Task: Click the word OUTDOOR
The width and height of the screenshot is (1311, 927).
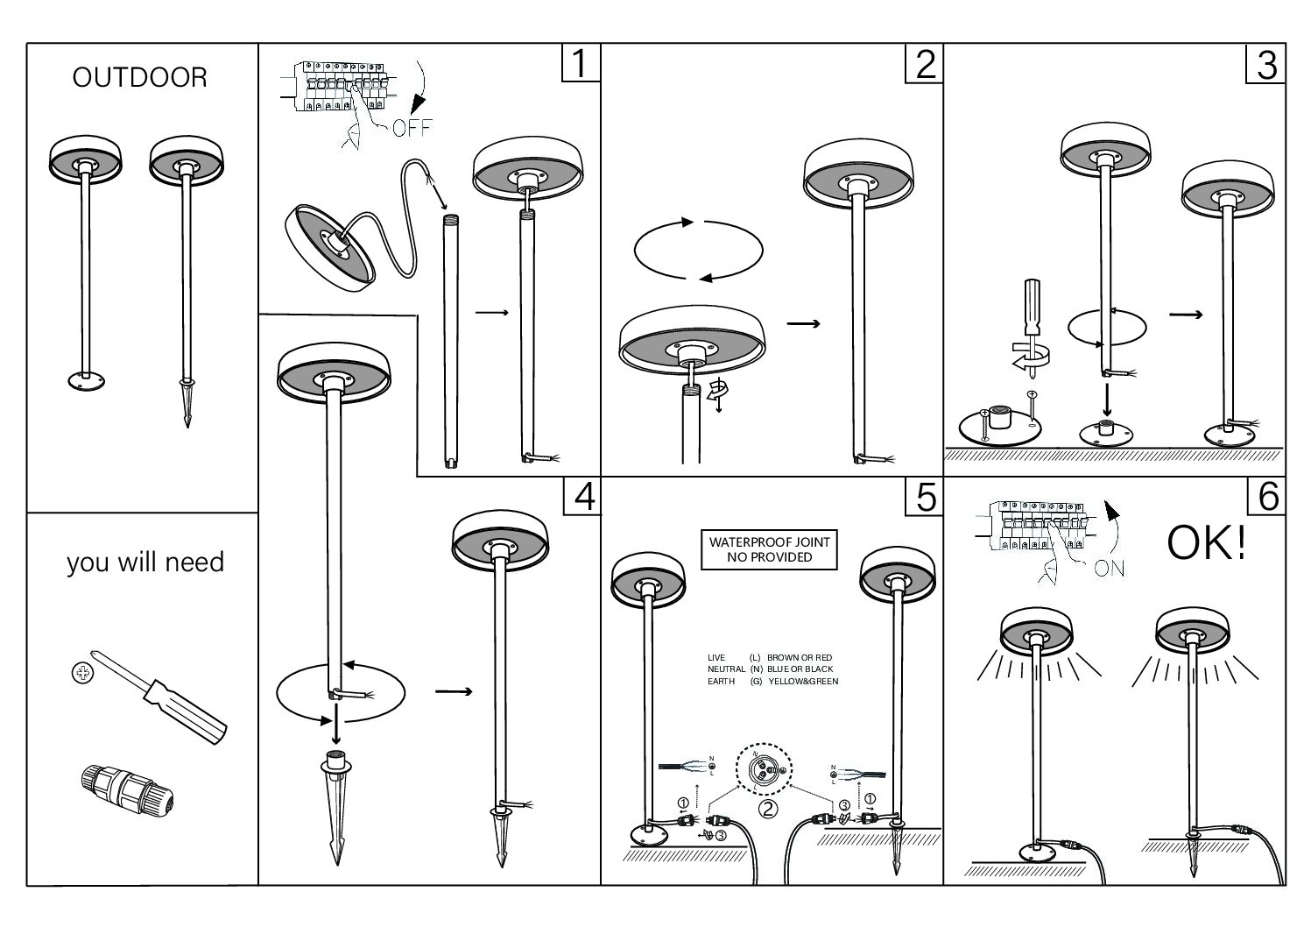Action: coord(140,78)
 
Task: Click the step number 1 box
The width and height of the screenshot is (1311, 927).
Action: coord(579,64)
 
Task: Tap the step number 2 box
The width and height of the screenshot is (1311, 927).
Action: coord(925,64)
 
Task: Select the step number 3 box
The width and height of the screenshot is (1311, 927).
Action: coord(1265,64)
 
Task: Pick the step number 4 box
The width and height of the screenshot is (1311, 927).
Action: coord(581,497)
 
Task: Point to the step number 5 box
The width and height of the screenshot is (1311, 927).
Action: coord(925,497)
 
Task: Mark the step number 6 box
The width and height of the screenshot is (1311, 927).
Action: coord(1266,497)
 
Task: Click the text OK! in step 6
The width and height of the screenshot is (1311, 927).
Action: coord(1206,543)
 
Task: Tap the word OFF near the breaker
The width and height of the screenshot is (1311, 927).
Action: coord(412,129)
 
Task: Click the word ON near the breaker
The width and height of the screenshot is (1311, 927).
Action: coord(1109,569)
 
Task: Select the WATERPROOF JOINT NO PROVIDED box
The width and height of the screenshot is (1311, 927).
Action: coord(770,549)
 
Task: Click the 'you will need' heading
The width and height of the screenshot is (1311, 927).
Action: coord(145,562)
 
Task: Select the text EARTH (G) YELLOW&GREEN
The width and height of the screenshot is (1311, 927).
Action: coord(772,681)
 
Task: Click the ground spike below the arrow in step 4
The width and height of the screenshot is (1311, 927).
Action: coord(335,806)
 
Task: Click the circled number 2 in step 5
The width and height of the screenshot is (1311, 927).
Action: coord(767,809)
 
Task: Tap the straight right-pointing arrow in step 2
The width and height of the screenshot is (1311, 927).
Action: coord(802,324)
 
